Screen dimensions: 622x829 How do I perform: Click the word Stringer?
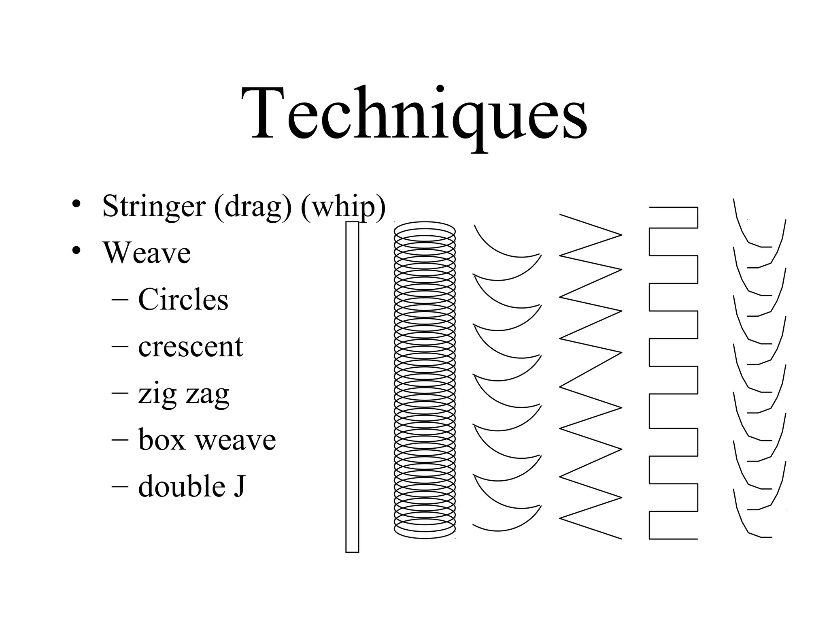153,207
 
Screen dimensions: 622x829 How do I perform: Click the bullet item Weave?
147,253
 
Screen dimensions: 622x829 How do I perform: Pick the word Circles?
183,300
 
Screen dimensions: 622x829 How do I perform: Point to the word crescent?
190,347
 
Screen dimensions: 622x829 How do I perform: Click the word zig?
157,394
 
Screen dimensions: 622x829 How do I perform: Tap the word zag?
207,394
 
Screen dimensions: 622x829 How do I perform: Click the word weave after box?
236,441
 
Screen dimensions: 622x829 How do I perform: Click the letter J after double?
239,486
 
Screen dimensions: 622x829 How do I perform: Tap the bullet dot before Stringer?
76,204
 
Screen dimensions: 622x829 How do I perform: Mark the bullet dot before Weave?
76,251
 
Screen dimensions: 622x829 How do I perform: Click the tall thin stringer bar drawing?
352,387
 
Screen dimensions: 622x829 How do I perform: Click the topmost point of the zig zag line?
561,214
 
